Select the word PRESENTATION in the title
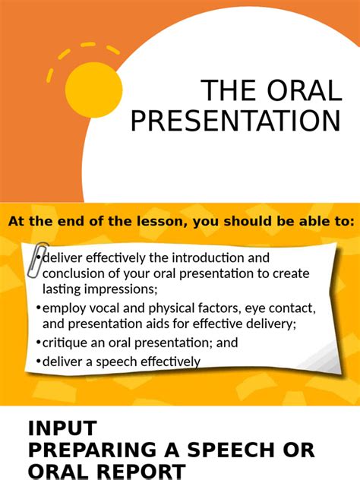point(235,122)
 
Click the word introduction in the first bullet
point(222,258)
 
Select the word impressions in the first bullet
point(114,289)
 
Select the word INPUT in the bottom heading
point(63,428)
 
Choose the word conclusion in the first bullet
point(74,274)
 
